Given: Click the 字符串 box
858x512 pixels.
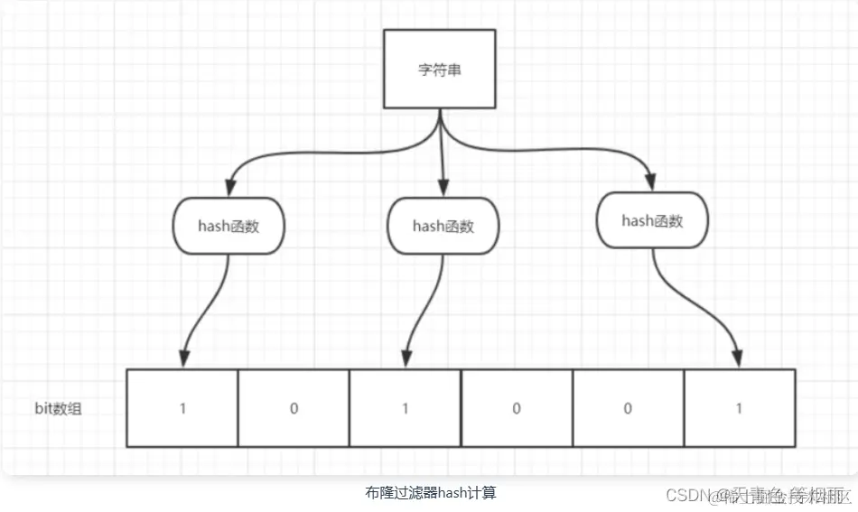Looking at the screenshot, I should [x=441, y=70].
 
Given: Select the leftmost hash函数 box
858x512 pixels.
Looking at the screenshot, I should [x=228, y=226].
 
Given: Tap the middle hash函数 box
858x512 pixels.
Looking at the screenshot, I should [x=443, y=226].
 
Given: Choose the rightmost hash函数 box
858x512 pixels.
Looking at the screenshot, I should [x=652, y=220].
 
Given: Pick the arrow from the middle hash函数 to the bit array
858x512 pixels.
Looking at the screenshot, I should [x=424, y=307].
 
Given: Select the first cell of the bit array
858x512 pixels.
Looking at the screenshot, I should [x=182, y=408].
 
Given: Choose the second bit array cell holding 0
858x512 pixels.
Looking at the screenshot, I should [x=294, y=408].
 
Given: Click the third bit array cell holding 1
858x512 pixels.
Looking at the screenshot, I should [x=405, y=408].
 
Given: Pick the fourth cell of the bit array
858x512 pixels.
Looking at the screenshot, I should [x=517, y=408].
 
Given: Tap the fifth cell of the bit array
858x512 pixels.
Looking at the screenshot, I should [x=628, y=408].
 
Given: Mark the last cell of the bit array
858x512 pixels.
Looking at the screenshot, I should [x=739, y=408].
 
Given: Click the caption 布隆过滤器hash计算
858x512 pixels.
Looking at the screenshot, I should [x=431, y=492].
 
